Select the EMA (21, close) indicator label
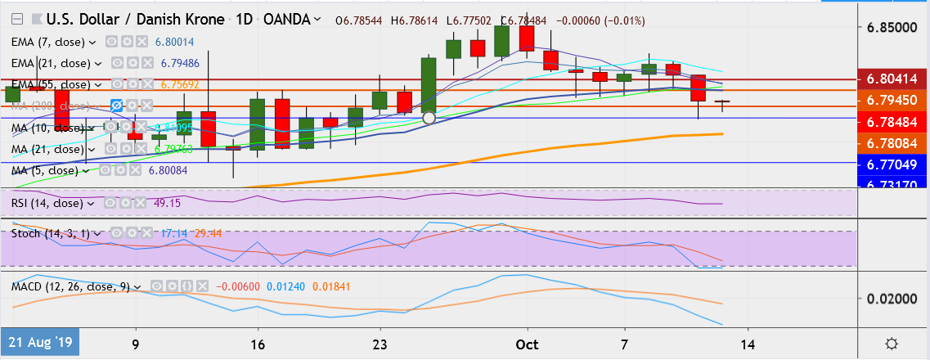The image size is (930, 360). [x=52, y=62]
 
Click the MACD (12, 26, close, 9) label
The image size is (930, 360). [x=72, y=287]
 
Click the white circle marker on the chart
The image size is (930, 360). [x=429, y=118]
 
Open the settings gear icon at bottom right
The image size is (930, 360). [x=892, y=343]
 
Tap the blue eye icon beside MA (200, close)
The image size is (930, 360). [x=117, y=106]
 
